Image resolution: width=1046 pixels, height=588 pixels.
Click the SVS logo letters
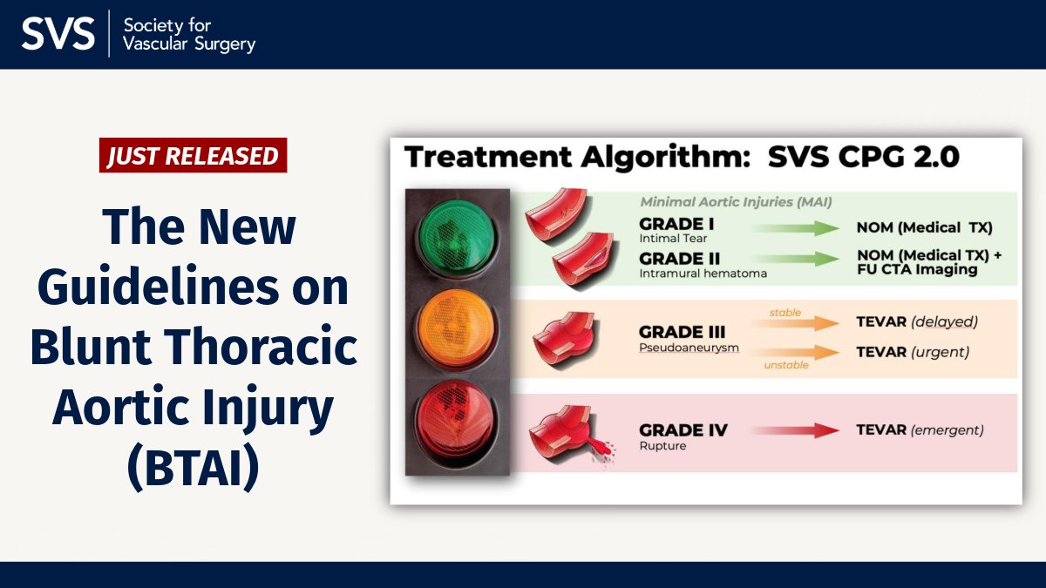tap(58, 33)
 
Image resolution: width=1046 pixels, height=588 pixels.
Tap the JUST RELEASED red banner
tap(193, 156)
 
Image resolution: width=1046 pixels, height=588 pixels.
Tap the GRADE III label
tap(682, 332)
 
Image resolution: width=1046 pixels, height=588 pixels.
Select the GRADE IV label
tap(683, 430)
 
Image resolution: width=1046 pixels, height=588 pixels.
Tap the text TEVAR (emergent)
tap(920, 430)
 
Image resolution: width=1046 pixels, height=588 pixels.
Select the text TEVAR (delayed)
tap(917, 321)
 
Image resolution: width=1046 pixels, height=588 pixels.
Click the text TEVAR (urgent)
tap(913, 353)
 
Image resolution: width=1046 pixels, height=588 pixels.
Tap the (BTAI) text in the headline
tap(194, 468)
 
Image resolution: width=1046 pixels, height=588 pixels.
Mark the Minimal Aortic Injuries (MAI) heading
tap(736, 202)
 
